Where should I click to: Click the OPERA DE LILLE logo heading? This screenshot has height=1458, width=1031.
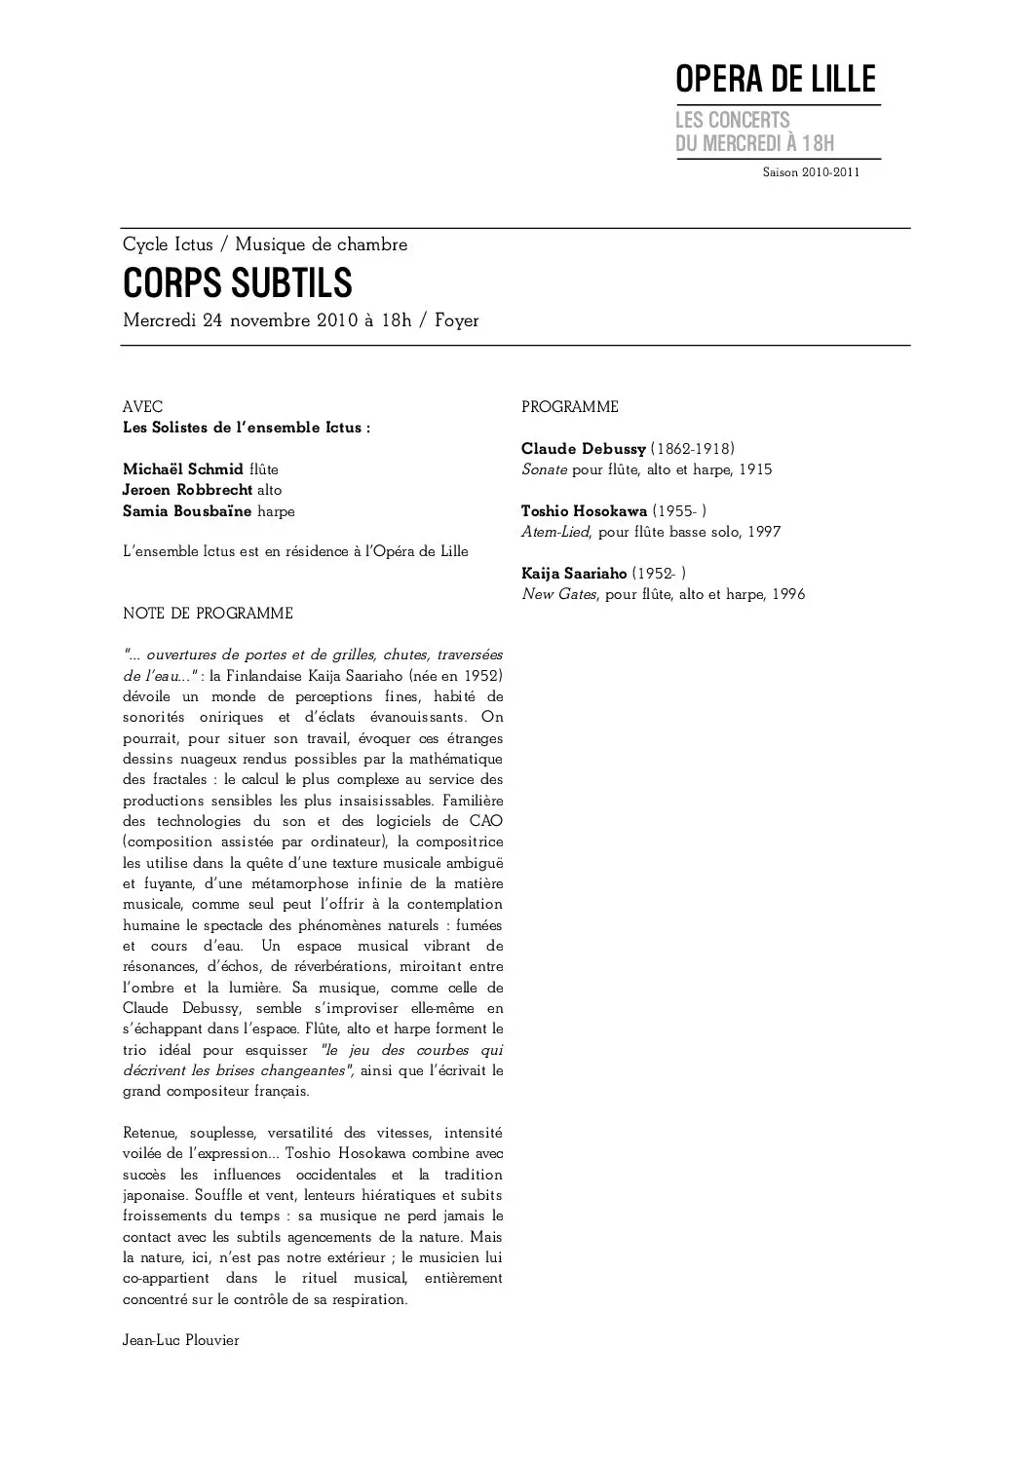(776, 80)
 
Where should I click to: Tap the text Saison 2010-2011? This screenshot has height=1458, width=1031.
(811, 172)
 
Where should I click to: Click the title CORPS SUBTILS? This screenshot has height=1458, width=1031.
(237, 283)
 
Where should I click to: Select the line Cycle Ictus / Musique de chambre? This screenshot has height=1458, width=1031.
(265, 244)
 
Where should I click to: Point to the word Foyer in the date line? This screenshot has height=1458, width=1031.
(456, 320)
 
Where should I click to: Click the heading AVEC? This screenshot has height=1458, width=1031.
(142, 406)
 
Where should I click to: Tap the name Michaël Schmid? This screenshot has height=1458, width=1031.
(183, 469)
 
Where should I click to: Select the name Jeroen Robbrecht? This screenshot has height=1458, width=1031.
(187, 490)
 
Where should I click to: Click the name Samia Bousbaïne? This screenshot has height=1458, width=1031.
(187, 511)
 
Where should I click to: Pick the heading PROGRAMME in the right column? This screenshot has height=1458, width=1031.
(570, 406)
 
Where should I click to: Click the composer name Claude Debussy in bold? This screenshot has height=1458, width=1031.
(584, 449)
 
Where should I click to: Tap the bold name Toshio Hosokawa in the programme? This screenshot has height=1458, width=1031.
(584, 511)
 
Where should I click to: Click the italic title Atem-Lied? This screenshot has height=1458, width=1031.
(555, 532)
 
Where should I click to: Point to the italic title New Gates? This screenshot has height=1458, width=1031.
(558, 594)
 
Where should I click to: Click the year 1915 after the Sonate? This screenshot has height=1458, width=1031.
(755, 469)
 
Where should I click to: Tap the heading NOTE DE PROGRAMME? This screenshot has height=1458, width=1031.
(208, 614)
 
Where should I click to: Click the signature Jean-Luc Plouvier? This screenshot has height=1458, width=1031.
(181, 1340)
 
